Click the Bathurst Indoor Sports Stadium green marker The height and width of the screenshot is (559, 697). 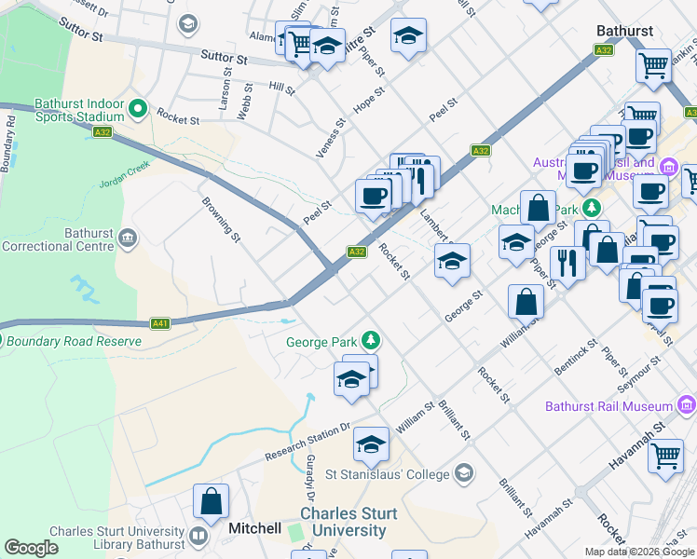(138, 110)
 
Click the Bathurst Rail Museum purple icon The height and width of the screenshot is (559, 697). (687, 405)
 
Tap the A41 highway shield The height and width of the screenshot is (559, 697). (160, 323)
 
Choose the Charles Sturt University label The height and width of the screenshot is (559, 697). (348, 522)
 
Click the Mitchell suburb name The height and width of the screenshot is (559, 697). (254, 528)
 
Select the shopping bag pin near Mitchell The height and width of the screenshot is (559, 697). (212, 501)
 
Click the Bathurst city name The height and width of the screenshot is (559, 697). (624, 31)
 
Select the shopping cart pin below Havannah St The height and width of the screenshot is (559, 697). (665, 457)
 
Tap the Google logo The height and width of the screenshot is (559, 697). (31, 548)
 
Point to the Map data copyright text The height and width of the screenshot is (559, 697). (639, 552)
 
